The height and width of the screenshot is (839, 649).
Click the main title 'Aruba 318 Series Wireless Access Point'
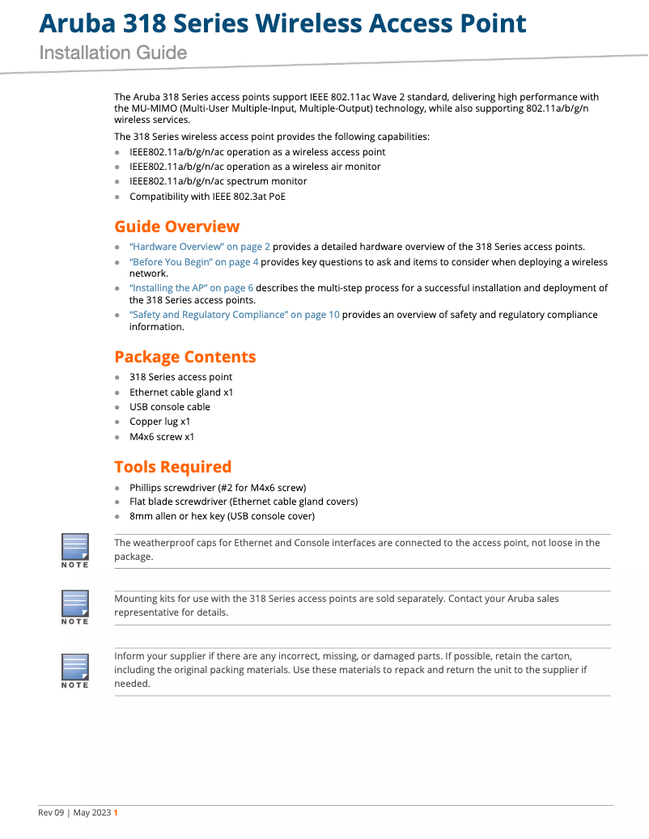coord(283,23)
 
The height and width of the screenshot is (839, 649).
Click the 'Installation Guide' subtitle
coord(113,53)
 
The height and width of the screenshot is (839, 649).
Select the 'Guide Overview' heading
coord(176,227)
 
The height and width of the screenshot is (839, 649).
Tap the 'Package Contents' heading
coord(185,357)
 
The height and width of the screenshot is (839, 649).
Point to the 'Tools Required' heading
coord(172,467)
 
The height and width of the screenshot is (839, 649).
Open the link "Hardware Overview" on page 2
coord(200,247)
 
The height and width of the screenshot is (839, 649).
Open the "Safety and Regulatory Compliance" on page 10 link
coord(235,315)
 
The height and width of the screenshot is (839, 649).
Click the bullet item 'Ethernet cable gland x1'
coord(181,392)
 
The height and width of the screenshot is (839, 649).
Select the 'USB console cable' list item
coord(170,407)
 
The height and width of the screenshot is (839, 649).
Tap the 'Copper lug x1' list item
coord(160,422)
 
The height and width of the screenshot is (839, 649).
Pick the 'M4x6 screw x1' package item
coord(162,437)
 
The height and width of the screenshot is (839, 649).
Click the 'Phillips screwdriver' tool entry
coord(218,488)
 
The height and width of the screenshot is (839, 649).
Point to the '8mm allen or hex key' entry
coord(222,516)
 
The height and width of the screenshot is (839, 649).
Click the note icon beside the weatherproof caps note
coord(75,550)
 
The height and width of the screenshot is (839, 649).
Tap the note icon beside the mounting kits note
coord(75,607)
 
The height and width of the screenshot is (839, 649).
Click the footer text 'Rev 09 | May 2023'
coord(74,813)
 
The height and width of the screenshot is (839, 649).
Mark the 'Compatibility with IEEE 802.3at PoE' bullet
coord(207,196)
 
